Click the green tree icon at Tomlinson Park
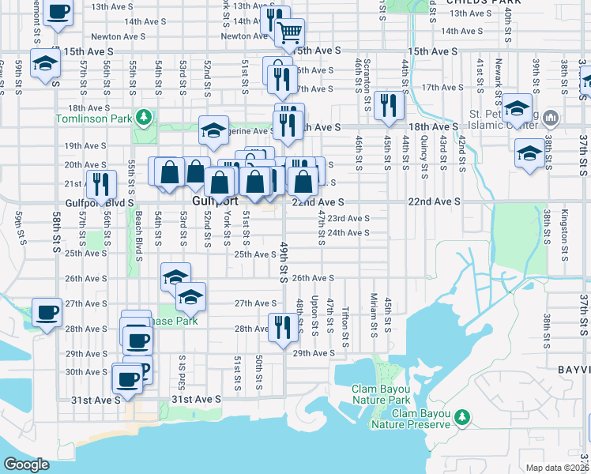pos(144,118)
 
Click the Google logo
pos(26,465)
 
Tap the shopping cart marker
pos(290,34)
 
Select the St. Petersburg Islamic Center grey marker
pos(551,119)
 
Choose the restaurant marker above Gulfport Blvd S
pos(100,185)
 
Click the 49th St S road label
pos(282,261)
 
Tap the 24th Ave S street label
pos(348,233)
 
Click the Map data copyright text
pos(558,467)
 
